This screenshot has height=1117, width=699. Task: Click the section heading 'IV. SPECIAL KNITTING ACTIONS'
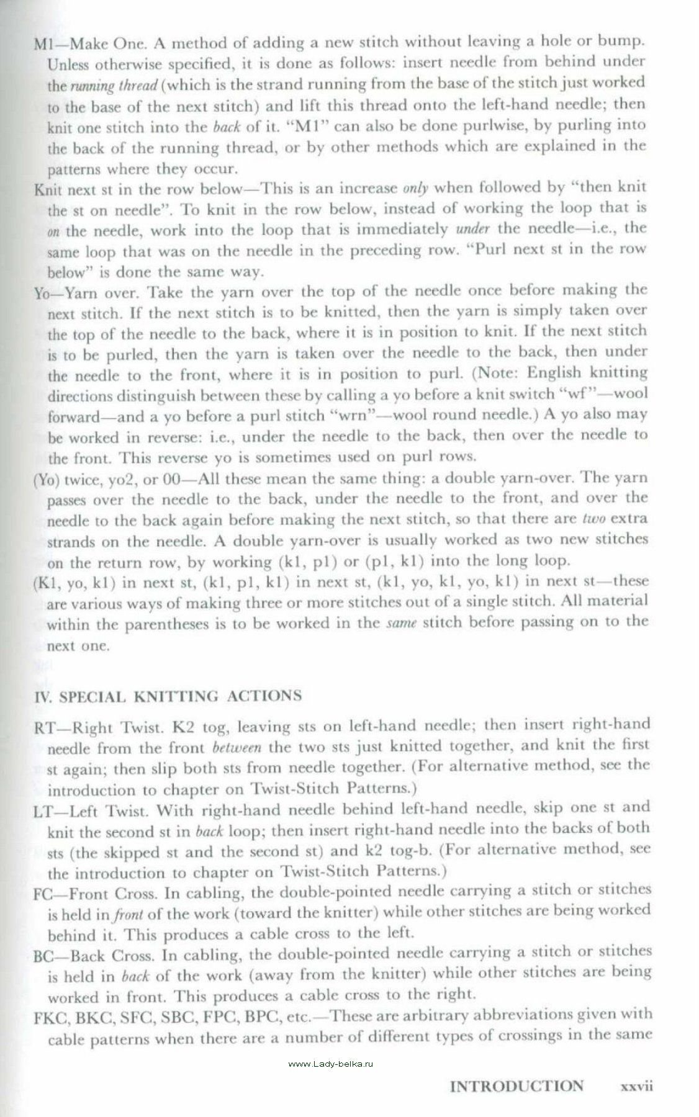pyautogui.click(x=167, y=696)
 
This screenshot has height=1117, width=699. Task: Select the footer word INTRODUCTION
pyautogui.click(x=516, y=1086)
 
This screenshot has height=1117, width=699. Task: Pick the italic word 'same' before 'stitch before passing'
pyautogui.click(x=399, y=622)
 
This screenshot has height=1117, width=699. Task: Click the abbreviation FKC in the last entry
pyautogui.click(x=49, y=1017)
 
